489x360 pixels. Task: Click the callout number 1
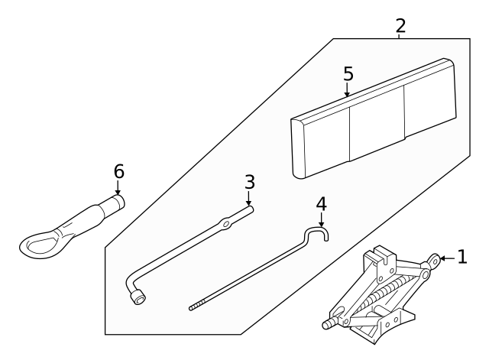coord(461,258)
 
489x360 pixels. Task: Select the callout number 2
coord(400,25)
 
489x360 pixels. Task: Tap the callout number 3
coord(249,183)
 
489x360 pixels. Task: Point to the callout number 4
coord(321,204)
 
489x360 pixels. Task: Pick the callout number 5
coord(348,74)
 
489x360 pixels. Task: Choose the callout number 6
coord(118,171)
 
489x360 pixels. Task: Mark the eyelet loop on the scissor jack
coord(434,260)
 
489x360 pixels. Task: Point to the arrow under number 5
coord(348,92)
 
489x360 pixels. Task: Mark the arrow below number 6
coord(118,188)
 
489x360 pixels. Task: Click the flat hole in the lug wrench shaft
coord(225,225)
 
